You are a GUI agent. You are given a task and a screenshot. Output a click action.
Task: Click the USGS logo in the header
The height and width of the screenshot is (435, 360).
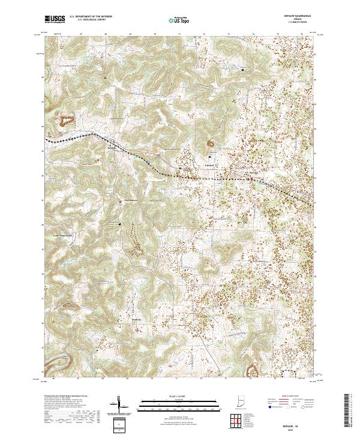55,19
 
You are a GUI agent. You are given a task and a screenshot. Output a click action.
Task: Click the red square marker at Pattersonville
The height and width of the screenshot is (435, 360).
119,202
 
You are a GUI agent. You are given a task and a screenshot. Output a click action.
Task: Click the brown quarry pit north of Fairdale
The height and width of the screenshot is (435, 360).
211,143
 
